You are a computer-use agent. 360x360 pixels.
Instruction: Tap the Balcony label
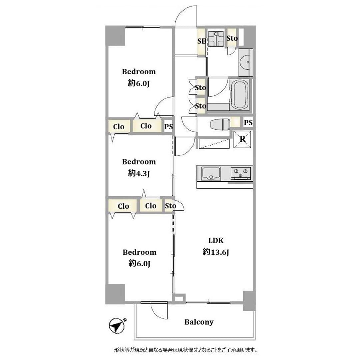click(x=199, y=322)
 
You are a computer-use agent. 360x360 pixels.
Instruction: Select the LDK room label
click(x=216, y=241)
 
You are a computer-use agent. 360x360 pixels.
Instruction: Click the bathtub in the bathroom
click(x=240, y=95)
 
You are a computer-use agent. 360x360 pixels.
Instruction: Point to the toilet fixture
click(x=220, y=124)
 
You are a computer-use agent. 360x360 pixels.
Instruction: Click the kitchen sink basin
click(x=211, y=173)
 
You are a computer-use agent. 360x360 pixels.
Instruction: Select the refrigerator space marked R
click(x=242, y=139)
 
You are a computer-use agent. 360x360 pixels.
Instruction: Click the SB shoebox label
click(x=202, y=41)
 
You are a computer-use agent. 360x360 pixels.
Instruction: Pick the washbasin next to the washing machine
click(x=245, y=62)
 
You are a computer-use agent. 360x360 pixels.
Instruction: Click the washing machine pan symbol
click(x=216, y=39)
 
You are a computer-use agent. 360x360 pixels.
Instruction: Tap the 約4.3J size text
click(x=139, y=173)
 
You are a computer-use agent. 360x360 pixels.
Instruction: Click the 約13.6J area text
click(x=216, y=252)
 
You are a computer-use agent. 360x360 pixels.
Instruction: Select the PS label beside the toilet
click(x=248, y=123)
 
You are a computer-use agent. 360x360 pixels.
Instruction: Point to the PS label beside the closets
click(x=169, y=127)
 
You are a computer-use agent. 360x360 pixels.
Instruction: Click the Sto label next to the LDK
click(x=170, y=206)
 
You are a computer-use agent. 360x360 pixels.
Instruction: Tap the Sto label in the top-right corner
click(x=232, y=38)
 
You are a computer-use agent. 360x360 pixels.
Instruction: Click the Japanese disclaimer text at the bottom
click(x=186, y=350)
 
